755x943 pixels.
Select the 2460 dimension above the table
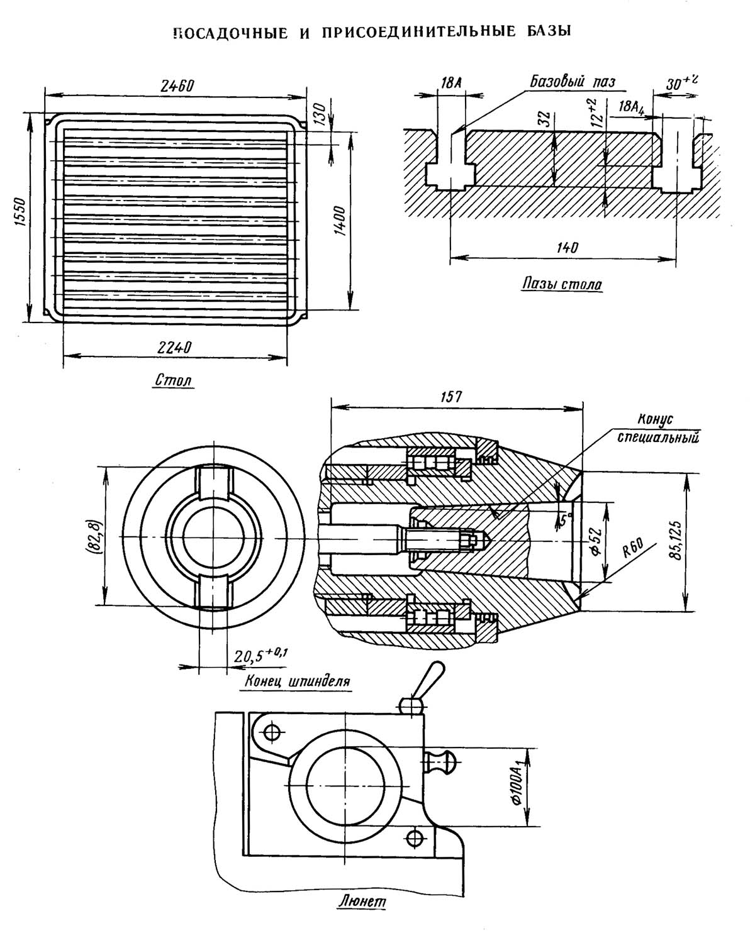coord(177,85)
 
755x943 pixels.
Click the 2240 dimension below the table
coord(175,348)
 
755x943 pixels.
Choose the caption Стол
coord(174,380)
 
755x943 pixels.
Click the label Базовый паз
coord(573,81)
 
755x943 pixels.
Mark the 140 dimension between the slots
coord(568,248)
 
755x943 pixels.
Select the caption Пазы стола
coord(562,284)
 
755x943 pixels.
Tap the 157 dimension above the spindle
coord(451,397)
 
